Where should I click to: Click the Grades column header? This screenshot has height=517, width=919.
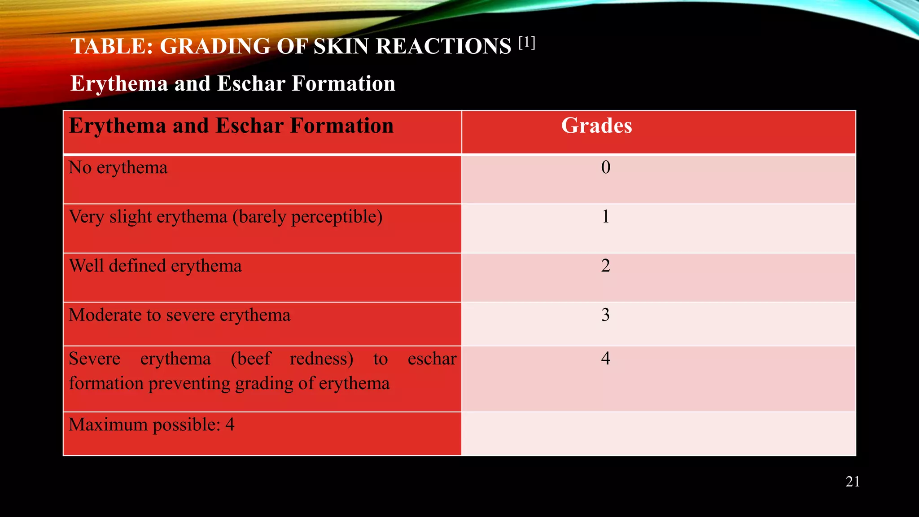click(x=596, y=126)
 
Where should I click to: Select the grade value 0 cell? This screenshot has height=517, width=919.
click(x=605, y=167)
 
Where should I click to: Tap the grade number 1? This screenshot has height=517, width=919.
click(x=605, y=217)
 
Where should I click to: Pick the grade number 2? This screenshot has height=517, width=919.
click(x=605, y=266)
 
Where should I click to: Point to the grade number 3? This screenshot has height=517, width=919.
click(x=605, y=315)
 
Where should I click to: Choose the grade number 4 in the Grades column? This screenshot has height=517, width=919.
click(x=605, y=358)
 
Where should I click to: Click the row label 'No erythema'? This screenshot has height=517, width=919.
click(x=118, y=168)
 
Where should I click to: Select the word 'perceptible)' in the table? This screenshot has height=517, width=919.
click(x=337, y=217)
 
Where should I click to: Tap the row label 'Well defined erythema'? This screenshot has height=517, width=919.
click(x=155, y=266)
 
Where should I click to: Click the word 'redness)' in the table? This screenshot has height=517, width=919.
click(x=321, y=359)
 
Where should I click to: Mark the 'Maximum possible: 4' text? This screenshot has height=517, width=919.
click(x=151, y=425)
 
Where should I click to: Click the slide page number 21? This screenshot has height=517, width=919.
click(x=853, y=482)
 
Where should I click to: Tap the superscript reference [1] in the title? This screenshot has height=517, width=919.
click(x=527, y=43)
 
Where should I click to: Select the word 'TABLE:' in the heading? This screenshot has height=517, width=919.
click(x=112, y=46)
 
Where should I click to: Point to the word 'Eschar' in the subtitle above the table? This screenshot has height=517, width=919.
click(x=251, y=84)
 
